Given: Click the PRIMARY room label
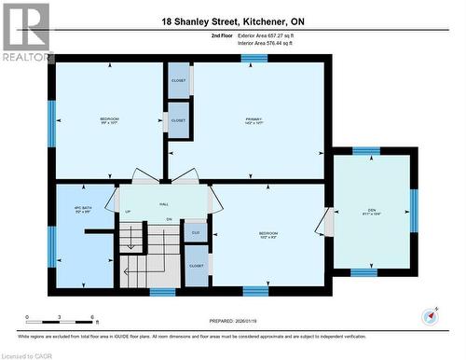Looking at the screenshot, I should point(254,119).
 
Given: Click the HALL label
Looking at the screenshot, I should point(163,202).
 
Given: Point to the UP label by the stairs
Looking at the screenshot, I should point(128,212).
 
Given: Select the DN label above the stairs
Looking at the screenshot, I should point(170,219).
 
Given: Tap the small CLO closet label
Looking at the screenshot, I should point(196,232).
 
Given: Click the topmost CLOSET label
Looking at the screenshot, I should point(178,80).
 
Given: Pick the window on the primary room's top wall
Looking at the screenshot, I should point(254,58).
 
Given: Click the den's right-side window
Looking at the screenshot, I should point(414,209).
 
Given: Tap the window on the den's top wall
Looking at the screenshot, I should point(366,150).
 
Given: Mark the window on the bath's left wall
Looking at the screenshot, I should point(52,246).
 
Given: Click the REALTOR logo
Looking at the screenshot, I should point(26,32).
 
